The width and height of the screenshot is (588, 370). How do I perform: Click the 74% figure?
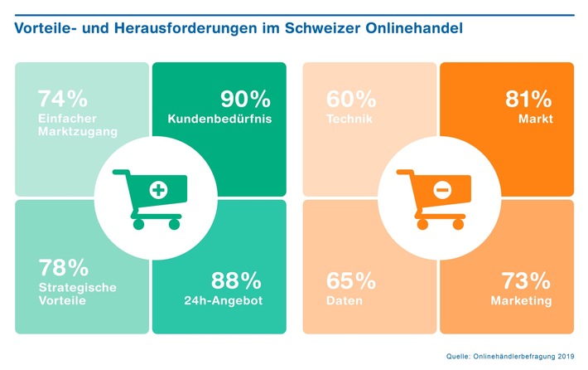coord(62,99)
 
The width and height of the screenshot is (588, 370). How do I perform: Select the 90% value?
coord(245,99)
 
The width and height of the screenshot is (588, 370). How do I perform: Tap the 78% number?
coord(63,267)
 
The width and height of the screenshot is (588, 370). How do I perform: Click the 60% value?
coord(351,99)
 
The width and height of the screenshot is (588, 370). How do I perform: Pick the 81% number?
coord(528,99)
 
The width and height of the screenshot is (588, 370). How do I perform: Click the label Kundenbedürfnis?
coord(219,119)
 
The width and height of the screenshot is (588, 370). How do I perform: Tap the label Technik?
coord(349,119)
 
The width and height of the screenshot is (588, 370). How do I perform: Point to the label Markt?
coord(535,119)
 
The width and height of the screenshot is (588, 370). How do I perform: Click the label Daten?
coord(345,300)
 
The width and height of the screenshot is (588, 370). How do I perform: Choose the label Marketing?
coord(521,300)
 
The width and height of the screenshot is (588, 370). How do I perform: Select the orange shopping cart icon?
coord(436,198)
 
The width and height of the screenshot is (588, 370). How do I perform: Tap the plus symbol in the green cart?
coord(157,191)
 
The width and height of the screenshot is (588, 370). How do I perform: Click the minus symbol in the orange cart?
coord(442,191)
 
